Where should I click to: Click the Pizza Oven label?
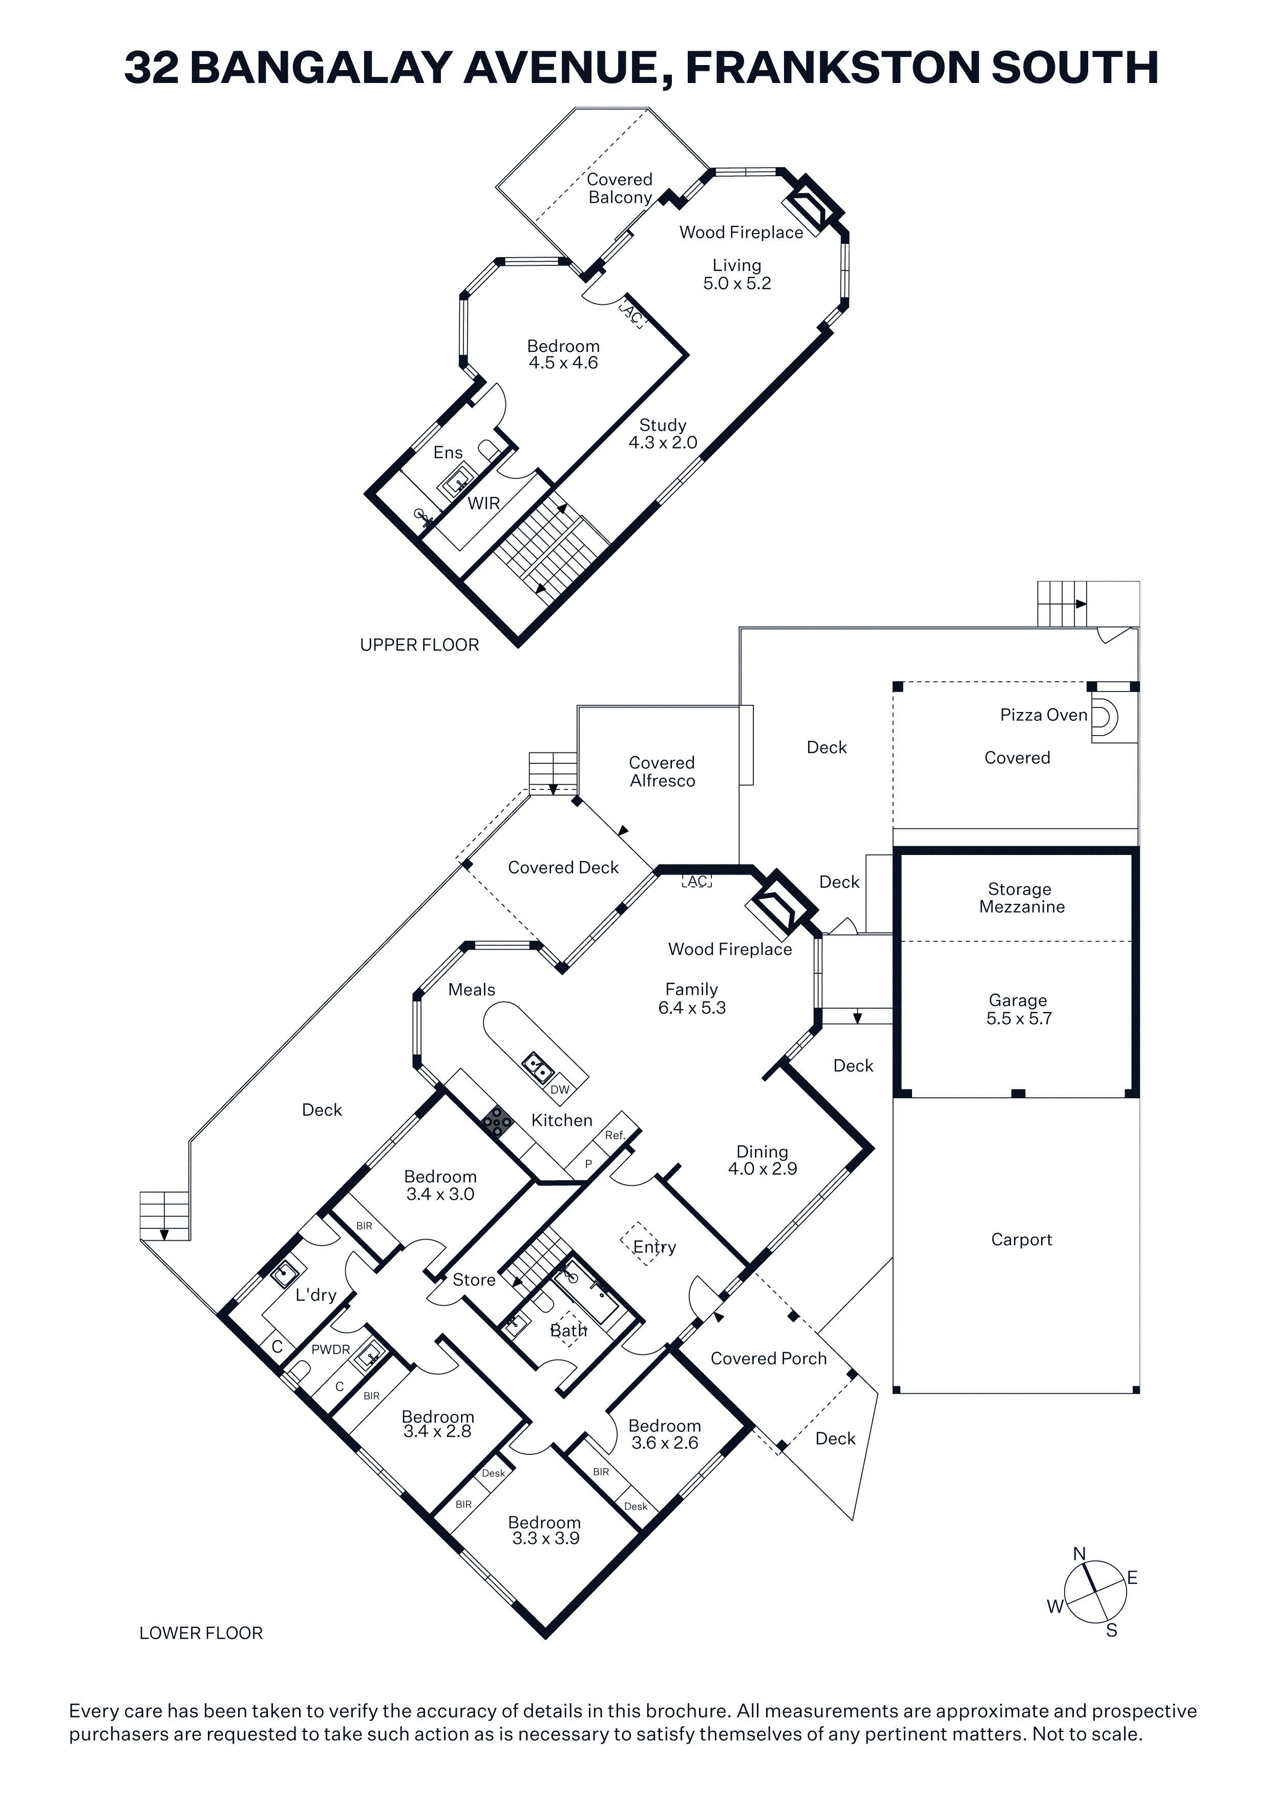1043,715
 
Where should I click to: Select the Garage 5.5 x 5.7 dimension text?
1019,1018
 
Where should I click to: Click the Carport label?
1021,1239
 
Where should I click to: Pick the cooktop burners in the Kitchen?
496,1122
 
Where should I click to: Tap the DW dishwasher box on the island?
560,1090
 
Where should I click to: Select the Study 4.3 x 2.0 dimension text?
663,442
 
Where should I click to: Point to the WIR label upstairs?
483,503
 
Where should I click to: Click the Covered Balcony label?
620,189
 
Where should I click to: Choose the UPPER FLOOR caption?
419,645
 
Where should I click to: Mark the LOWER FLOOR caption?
201,1633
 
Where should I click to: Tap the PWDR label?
331,1349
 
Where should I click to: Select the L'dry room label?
316,1294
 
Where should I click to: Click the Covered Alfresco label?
662,771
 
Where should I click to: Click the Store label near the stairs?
474,1280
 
